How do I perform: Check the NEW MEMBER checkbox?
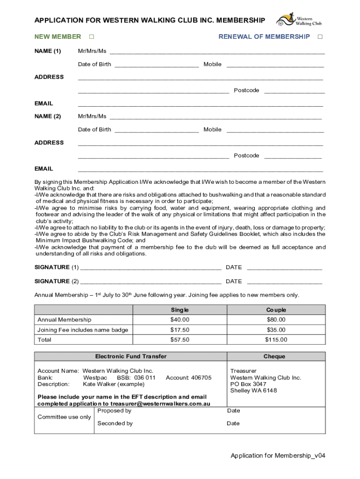tap(92, 37)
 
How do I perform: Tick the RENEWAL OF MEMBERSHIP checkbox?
tap(320, 37)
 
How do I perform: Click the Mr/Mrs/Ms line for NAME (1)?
tap(216, 51)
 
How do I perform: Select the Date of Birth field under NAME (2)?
tap(157, 130)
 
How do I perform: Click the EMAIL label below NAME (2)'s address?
tap(44, 169)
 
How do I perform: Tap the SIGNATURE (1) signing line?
tap(151, 268)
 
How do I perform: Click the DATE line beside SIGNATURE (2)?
tap(284, 282)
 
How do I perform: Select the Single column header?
tap(180, 310)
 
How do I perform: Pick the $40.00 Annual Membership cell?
tap(180, 320)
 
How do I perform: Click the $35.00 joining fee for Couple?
tap(276, 330)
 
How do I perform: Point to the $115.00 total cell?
tap(276, 340)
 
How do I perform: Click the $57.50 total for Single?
tap(180, 340)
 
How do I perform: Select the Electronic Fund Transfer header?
tap(131, 356)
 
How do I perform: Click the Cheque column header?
tap(274, 356)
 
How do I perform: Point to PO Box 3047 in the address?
tap(248, 385)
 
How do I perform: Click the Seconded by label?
tap(115, 424)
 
